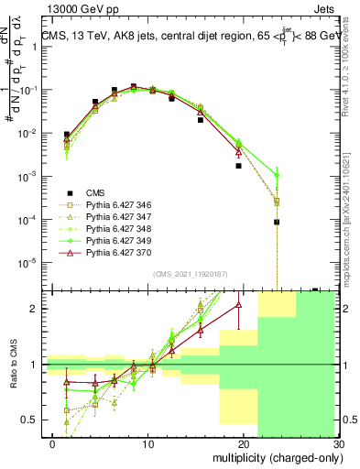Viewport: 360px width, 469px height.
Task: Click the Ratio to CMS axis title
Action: tap(13, 365)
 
